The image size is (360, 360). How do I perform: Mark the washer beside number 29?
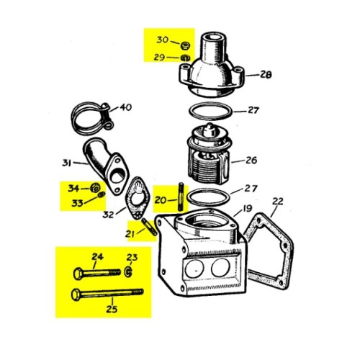pyautogui.click(x=184, y=58)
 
